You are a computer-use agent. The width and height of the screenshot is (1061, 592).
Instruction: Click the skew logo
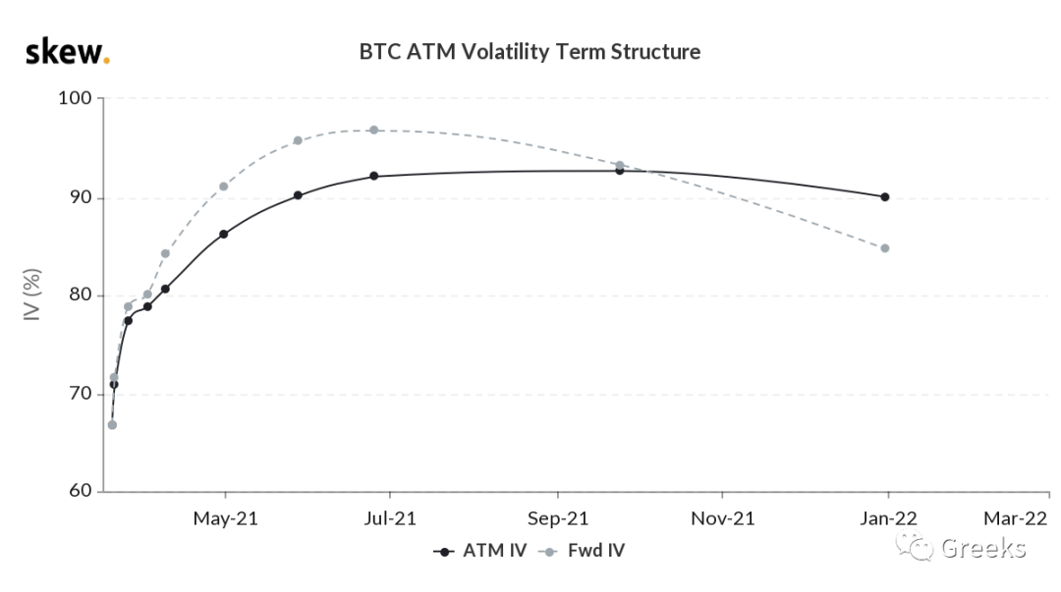(x=68, y=52)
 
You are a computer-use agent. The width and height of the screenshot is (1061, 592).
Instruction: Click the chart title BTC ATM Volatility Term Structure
(x=530, y=52)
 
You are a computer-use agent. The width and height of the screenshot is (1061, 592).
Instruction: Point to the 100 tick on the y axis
(x=75, y=98)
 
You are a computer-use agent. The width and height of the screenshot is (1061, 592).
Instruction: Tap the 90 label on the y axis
(x=81, y=197)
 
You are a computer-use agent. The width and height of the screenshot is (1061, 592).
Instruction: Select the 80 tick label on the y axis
(x=81, y=295)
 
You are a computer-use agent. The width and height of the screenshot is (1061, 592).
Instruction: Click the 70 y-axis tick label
(x=81, y=394)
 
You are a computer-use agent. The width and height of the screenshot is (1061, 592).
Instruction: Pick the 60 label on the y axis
(x=81, y=491)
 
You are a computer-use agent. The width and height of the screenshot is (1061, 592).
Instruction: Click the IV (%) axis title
(x=32, y=295)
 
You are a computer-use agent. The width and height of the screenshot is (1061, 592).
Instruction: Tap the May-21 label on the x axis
(x=225, y=519)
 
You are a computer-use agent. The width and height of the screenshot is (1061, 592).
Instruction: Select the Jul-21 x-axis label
(x=390, y=519)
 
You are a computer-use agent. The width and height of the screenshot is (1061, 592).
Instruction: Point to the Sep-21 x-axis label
(x=558, y=519)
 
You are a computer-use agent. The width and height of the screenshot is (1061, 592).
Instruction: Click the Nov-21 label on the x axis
(x=723, y=519)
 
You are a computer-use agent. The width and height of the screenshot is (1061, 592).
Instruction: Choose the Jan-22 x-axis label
(x=888, y=519)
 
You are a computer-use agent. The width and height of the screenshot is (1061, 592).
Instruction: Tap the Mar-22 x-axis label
(x=1015, y=519)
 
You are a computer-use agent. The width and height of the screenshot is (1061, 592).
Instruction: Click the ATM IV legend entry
(x=480, y=551)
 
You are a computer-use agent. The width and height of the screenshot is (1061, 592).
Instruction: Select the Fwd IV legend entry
(x=582, y=551)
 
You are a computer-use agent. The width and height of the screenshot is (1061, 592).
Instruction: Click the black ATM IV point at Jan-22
(x=885, y=197)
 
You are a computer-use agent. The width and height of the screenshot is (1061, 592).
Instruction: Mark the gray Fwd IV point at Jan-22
(x=885, y=248)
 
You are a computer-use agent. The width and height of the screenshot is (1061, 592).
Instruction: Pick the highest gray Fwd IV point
(x=374, y=130)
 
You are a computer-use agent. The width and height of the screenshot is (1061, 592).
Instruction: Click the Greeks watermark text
(x=983, y=548)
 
